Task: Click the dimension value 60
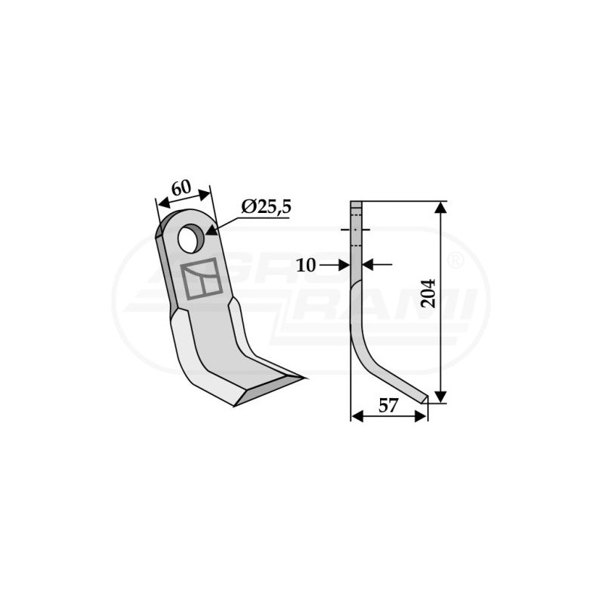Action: click(x=181, y=188)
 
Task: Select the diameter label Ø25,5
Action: click(x=266, y=208)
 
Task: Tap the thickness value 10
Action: click(x=306, y=265)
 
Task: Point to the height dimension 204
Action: click(x=428, y=293)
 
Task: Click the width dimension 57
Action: click(x=388, y=406)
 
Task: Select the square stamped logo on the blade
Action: click(x=202, y=278)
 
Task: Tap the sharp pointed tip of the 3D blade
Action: click(x=306, y=379)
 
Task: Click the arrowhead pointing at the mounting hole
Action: click(x=211, y=230)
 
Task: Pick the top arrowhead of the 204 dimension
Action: click(x=441, y=208)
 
